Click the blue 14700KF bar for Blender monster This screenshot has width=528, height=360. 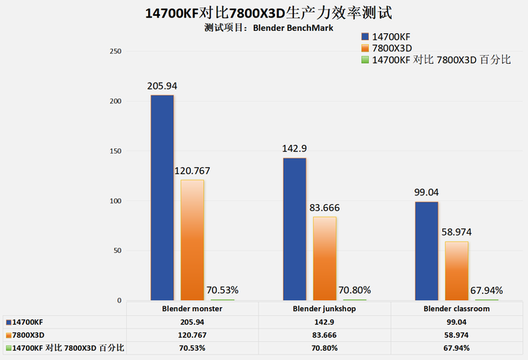(x=162, y=198)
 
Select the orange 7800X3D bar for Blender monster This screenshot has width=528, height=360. (x=192, y=240)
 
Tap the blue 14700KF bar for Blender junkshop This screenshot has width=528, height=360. (x=295, y=229)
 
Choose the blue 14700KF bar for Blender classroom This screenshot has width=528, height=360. (x=426, y=251)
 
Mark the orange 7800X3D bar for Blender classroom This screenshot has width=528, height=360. (x=456, y=271)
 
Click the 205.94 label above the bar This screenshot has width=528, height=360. (x=162, y=86)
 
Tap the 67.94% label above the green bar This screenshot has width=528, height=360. (x=486, y=290)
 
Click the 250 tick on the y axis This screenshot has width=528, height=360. (x=115, y=51)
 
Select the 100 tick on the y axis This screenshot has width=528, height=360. (x=115, y=201)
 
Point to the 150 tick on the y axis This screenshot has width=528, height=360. (x=115, y=151)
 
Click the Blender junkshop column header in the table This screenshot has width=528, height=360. (x=323, y=310)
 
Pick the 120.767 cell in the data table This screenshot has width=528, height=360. (x=191, y=335)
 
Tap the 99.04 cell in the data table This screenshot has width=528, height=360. (x=455, y=322)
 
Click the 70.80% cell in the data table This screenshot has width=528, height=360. (x=323, y=347)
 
